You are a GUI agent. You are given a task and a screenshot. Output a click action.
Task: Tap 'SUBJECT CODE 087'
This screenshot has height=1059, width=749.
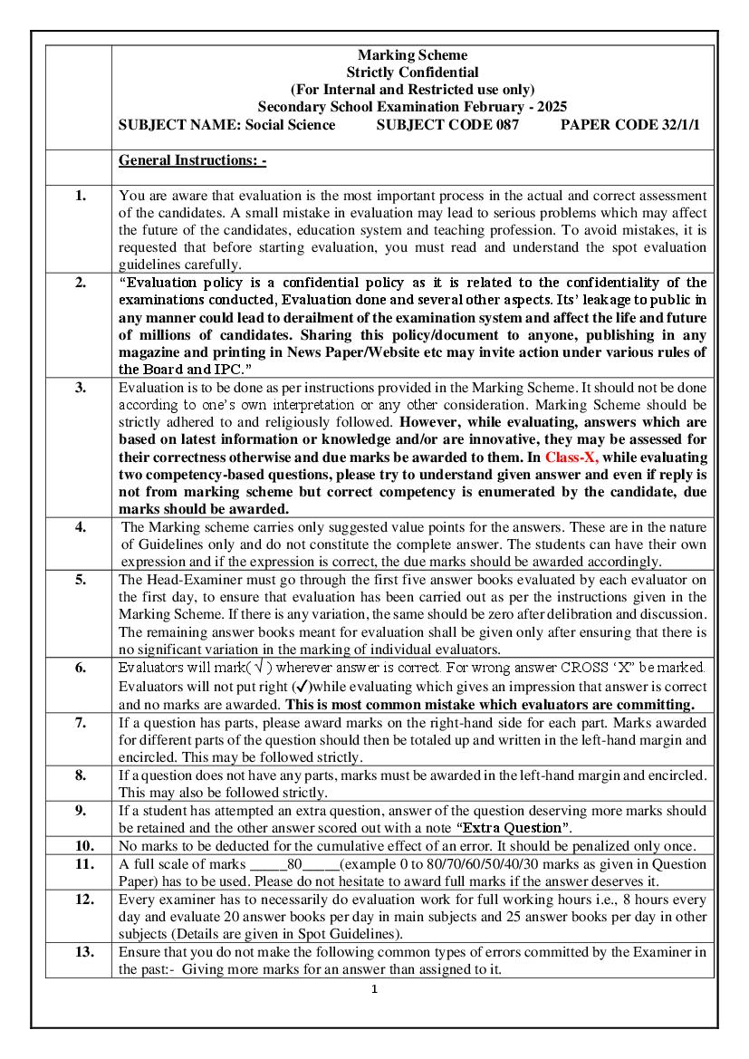click(447, 125)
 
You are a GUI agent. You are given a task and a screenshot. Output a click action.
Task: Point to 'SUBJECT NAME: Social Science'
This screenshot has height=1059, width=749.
click(226, 125)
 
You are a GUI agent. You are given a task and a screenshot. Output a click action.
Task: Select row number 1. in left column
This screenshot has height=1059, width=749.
click(81, 196)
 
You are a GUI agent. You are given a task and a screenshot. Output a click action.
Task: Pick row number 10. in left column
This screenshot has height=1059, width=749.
click(81, 845)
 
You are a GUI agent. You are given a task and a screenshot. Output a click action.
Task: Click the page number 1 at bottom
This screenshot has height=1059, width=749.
click(374, 989)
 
